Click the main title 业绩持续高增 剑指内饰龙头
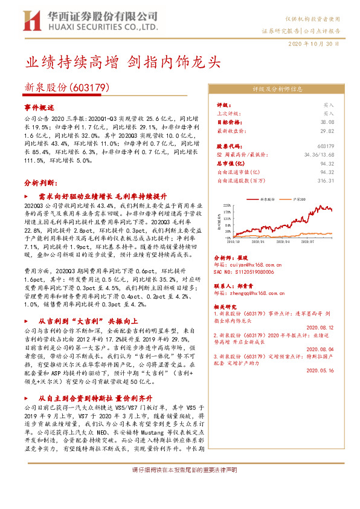[122, 62]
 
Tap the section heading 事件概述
[39, 106]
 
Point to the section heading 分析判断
[40, 182]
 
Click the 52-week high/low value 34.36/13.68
[316, 154]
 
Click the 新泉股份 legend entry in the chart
[266, 198]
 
